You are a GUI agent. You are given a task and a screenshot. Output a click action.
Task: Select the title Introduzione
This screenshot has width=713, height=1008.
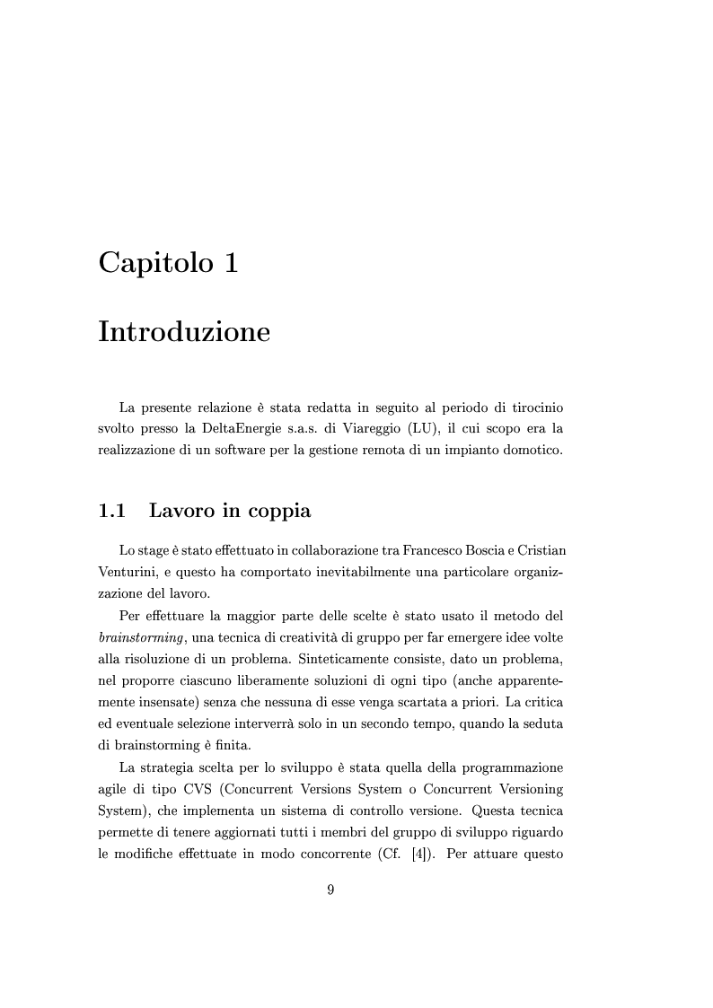tap(183, 331)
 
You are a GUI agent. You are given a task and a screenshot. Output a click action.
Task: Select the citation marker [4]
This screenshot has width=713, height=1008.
tap(419, 854)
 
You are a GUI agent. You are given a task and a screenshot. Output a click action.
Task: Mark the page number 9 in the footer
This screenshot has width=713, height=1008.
tap(331, 890)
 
